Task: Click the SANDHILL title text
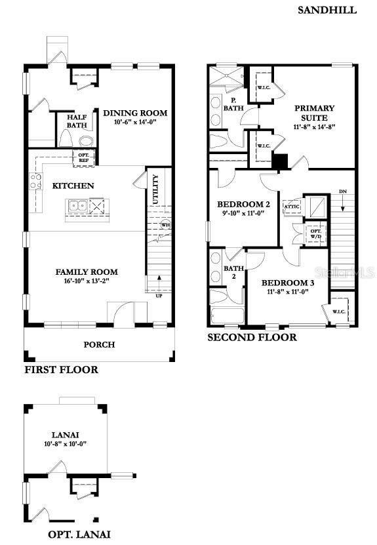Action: (327, 10)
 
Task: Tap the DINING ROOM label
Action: (135, 113)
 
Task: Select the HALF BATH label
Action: (77, 121)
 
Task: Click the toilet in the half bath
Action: (86, 140)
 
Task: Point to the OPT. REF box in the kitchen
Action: (84, 157)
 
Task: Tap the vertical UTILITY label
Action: (155, 190)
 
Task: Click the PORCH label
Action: (99, 344)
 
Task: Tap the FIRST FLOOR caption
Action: (61, 370)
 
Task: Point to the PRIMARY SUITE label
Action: (314, 112)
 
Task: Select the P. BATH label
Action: (230, 104)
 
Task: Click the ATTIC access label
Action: (292, 206)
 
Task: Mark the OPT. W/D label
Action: (315, 233)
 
